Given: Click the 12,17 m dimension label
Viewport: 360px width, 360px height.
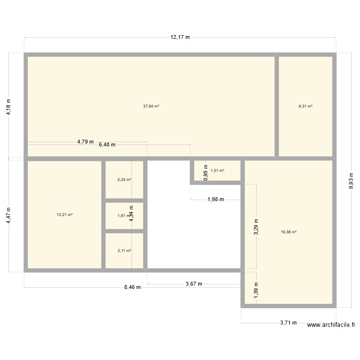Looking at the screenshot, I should (x=180, y=37).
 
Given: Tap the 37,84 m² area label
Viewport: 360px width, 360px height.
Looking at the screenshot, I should (x=151, y=106).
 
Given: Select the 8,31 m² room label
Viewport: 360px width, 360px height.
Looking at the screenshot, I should (x=306, y=106).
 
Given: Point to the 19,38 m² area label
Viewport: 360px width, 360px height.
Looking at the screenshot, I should (x=288, y=232).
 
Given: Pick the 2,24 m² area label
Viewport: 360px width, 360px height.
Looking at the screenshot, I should (x=124, y=180).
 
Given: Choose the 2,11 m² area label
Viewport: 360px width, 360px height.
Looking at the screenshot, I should (x=124, y=251).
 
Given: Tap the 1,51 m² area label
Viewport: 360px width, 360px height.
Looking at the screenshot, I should (x=217, y=170).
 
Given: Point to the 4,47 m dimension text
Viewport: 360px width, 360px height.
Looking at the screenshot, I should (x=8, y=215).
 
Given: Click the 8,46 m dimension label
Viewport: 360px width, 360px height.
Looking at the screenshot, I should (x=132, y=288).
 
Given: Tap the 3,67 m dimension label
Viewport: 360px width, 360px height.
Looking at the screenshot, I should (x=193, y=284).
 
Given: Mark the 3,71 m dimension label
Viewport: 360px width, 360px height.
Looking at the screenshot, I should (x=288, y=323).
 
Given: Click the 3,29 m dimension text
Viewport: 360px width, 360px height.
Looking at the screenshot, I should (x=256, y=227).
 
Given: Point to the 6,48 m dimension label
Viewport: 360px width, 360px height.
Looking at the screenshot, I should (x=107, y=144).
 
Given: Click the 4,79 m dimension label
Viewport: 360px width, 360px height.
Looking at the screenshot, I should (x=85, y=142).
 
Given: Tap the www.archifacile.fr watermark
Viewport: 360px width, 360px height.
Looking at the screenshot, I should (x=331, y=325).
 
